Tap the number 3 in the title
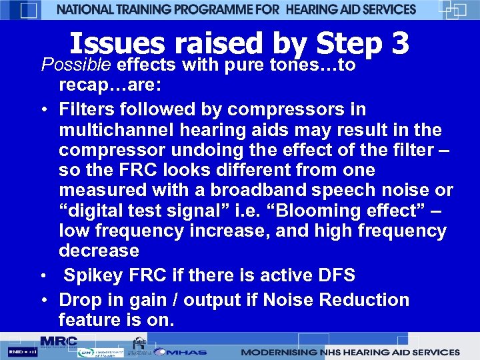[400, 45]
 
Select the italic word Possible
[77, 65]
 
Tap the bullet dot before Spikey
[43, 276]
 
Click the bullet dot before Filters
[43, 109]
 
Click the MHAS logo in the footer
[188, 351]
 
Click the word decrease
[99, 251]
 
